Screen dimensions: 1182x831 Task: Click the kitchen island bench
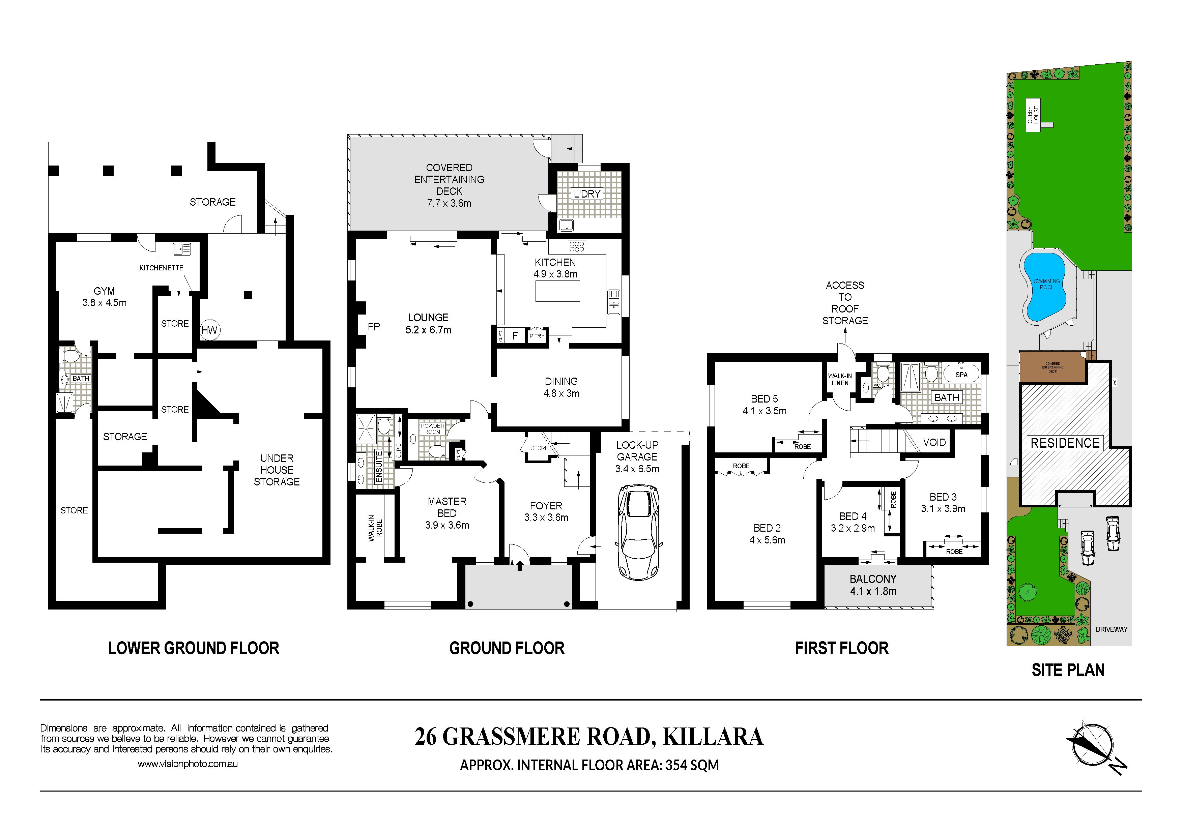(557, 291)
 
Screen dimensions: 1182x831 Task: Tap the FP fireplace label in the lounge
(374, 326)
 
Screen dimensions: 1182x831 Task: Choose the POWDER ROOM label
(432, 428)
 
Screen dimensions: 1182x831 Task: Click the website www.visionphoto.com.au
(188, 764)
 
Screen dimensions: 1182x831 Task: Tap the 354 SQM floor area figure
(692, 765)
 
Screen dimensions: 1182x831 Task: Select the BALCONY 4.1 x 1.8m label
(873, 585)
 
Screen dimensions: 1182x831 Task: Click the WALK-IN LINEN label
(840, 379)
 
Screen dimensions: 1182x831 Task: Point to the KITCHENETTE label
(161, 268)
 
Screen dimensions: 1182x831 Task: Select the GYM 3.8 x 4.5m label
(105, 297)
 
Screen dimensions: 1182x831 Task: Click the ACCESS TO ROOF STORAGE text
(845, 302)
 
